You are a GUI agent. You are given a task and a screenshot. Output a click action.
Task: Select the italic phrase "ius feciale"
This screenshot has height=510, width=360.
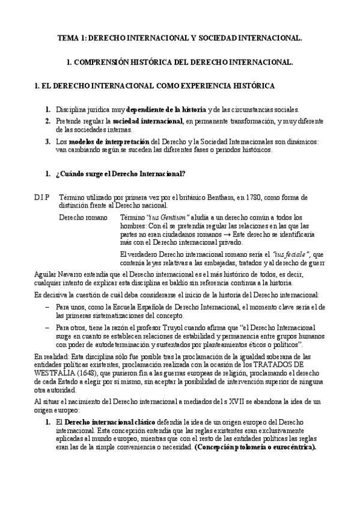coord(291,254)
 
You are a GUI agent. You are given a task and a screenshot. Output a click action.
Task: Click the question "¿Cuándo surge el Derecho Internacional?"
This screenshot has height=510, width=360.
coord(120,174)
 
